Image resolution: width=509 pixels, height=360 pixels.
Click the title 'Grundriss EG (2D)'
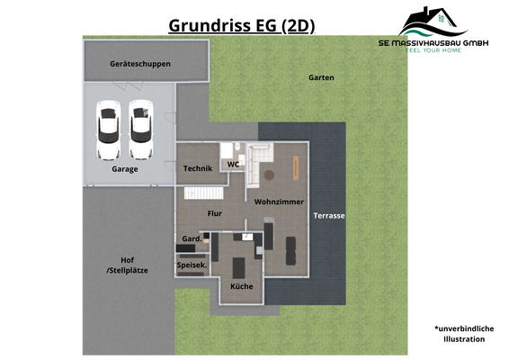(242, 26)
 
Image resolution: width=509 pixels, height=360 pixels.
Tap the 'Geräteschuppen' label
(140, 65)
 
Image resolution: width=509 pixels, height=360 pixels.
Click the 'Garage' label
(124, 168)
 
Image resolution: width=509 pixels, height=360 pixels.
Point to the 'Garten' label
(321, 77)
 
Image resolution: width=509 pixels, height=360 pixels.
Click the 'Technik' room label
(197, 168)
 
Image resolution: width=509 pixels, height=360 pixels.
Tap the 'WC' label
(232, 165)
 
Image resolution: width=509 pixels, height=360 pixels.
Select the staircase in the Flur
(204, 194)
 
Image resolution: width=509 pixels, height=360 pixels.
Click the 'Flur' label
(214, 213)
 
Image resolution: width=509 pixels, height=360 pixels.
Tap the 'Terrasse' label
(329, 216)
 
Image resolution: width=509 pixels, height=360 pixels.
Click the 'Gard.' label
(191, 238)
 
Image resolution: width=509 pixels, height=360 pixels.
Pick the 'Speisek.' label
(192, 265)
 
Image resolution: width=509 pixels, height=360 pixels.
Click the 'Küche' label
(241, 286)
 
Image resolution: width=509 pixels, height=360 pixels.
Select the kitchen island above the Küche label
(239, 267)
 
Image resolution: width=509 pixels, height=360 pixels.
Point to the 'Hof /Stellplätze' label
(126, 265)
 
